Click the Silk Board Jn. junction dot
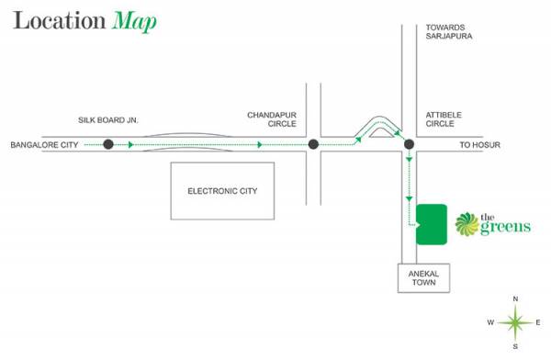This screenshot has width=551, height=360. pyautogui.click(x=107, y=144)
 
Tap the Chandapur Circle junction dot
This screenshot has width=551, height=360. pyautogui.click(x=313, y=144)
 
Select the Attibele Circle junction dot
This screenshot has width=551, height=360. pyautogui.click(x=409, y=144)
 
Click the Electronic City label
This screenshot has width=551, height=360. pyautogui.click(x=222, y=191)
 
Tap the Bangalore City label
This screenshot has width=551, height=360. pyautogui.click(x=44, y=145)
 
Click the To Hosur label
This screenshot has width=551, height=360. pyautogui.click(x=478, y=145)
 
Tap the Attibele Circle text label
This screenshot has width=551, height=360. pyautogui.click(x=444, y=120)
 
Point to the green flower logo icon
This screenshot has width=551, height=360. pyautogui.click(x=466, y=223)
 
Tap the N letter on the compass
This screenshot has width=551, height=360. pyautogui.click(x=515, y=298)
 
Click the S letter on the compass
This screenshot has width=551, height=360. pyautogui.click(x=515, y=346)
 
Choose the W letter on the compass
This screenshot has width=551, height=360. pyautogui.click(x=491, y=322)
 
